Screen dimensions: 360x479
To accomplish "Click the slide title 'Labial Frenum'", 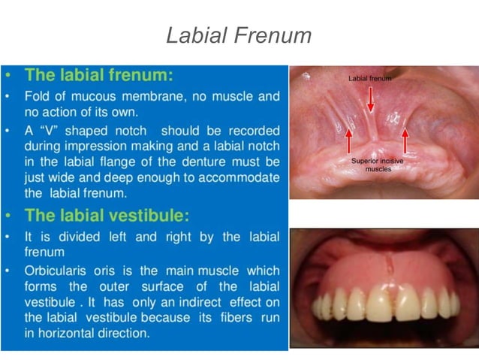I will (239, 35).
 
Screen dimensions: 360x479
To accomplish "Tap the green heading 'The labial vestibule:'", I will (107, 215).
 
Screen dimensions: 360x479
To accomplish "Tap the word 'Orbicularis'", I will (56, 271).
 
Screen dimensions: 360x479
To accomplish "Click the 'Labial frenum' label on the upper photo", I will (369, 78).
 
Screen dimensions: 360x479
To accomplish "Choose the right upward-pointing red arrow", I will (405, 141).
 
